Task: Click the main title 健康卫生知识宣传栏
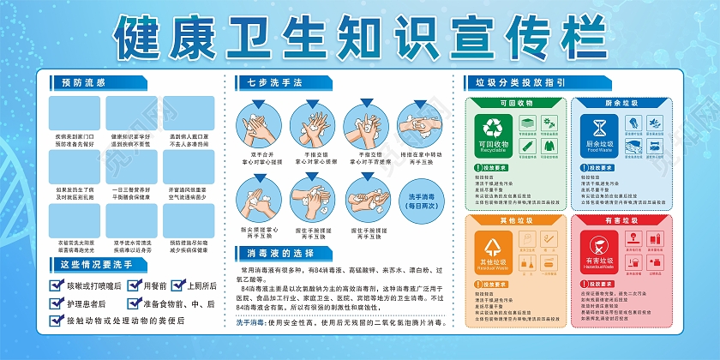360,36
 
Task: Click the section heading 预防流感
83,83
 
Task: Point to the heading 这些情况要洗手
96,264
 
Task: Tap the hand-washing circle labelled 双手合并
257,125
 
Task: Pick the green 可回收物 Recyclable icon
493,134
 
